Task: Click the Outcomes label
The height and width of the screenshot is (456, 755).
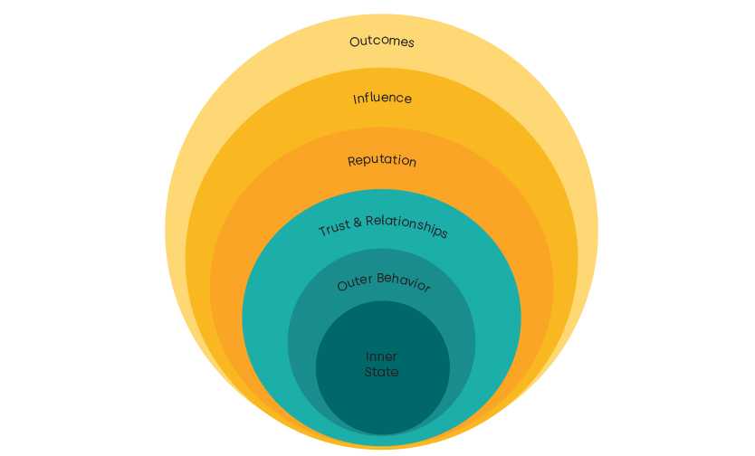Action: coord(382,42)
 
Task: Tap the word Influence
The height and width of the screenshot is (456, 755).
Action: coord(382,98)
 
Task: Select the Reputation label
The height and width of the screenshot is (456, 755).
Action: coord(382,161)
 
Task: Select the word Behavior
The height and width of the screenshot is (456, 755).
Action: coord(403,283)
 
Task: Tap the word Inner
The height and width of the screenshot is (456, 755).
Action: coord(381,356)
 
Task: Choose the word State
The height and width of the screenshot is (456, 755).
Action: coord(381,372)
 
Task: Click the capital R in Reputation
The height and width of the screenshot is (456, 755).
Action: coord(351,162)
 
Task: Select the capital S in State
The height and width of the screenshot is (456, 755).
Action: coord(368,372)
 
